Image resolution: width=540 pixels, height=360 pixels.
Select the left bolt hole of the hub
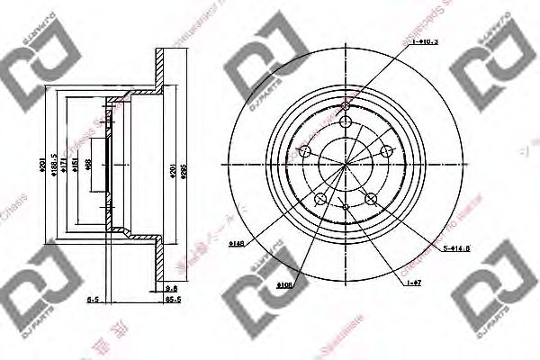pyautogui.click(x=304, y=150)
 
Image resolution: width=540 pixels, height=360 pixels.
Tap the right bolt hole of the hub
pyautogui.click(x=388, y=150)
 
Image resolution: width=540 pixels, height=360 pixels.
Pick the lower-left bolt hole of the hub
pyautogui.click(x=319, y=198)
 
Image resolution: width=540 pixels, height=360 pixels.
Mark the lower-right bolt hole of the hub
pyautogui.click(x=372, y=198)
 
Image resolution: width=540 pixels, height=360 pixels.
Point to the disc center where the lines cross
pyautogui.click(x=346, y=163)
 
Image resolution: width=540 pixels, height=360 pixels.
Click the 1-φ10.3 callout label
pyautogui.click(x=424, y=41)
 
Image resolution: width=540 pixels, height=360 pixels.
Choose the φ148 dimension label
pyautogui.click(x=237, y=243)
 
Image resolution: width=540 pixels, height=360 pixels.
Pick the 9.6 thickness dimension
pyautogui.click(x=173, y=287)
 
